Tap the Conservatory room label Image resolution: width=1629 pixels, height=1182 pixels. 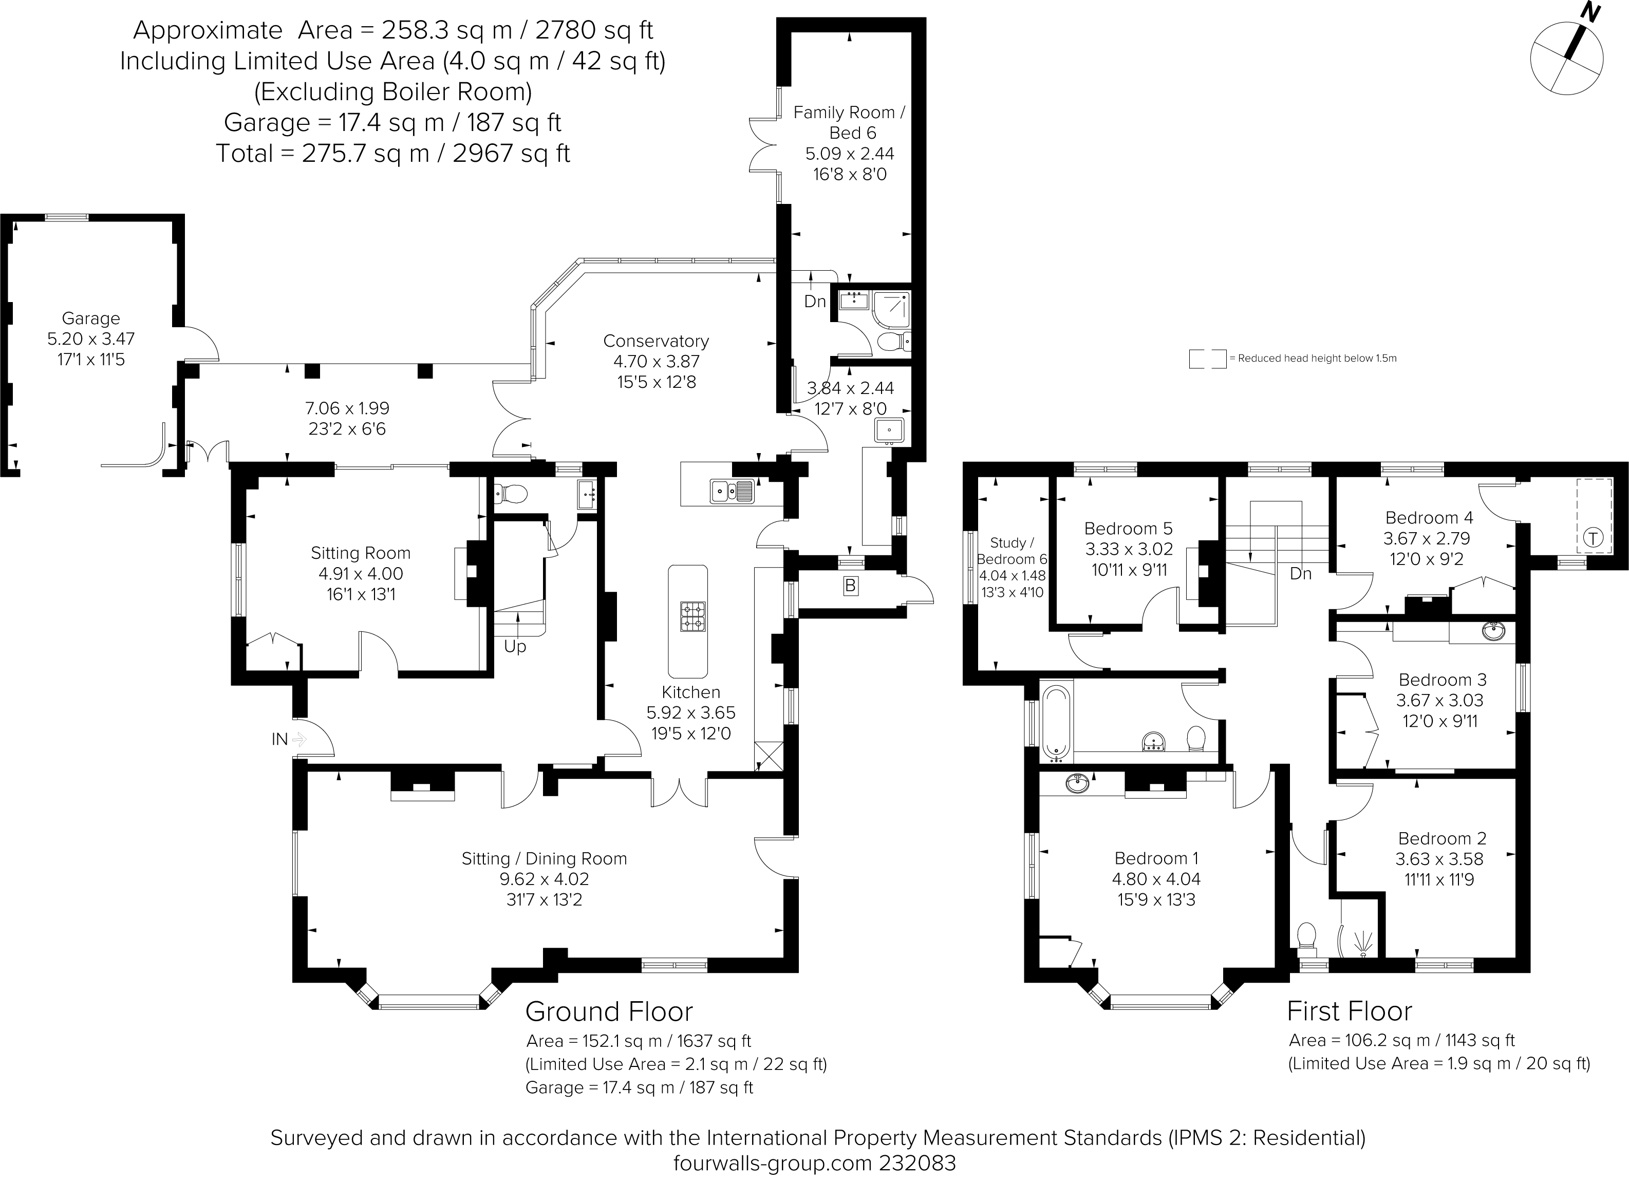656,341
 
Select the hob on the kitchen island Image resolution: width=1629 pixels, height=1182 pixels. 692,616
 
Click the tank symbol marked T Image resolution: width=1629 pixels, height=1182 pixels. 1593,538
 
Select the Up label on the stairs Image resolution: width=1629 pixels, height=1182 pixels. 515,646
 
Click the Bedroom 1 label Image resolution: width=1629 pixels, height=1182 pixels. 1156,858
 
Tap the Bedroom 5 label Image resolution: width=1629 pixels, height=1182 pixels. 1128,529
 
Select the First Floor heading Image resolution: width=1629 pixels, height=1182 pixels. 1350,1011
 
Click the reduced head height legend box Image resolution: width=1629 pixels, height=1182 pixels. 1207,359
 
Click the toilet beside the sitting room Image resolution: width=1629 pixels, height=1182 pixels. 511,493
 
